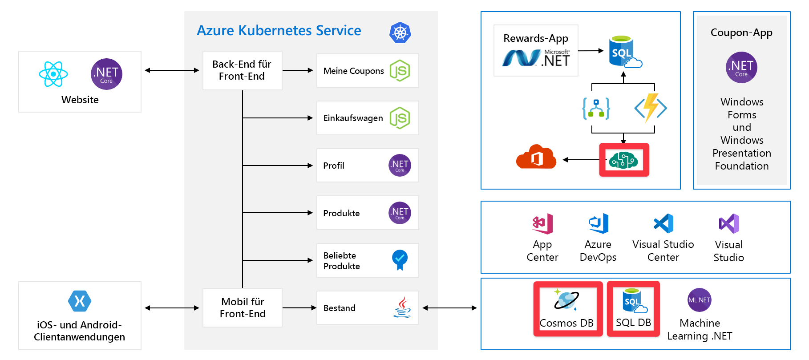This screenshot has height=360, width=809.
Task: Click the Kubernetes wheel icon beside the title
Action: [x=400, y=32]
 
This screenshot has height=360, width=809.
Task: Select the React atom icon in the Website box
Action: [x=53, y=74]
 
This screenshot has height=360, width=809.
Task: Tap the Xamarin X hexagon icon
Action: [x=80, y=301]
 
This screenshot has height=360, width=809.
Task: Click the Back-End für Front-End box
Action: [x=242, y=70]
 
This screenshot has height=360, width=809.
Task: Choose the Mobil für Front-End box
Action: [x=243, y=307]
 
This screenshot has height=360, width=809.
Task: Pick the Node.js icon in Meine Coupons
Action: [x=400, y=71]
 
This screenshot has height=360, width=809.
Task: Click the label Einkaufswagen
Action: [x=353, y=118]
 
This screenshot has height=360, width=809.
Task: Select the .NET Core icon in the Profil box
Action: [x=400, y=166]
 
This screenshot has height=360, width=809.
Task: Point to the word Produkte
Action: [x=341, y=213]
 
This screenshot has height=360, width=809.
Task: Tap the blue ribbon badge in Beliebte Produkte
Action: [x=400, y=259]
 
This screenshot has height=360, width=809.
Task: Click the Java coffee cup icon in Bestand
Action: [x=402, y=307]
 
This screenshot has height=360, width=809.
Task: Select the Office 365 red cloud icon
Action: [x=536, y=157]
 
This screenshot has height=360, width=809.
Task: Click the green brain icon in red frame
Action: [x=623, y=160]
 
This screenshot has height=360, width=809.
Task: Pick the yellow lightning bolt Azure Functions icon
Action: [x=651, y=108]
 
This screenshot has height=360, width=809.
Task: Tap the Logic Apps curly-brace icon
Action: [x=596, y=108]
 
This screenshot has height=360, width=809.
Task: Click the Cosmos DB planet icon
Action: [x=566, y=300]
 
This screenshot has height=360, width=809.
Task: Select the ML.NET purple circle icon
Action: [x=699, y=300]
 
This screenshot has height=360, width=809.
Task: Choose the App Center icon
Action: [x=542, y=223]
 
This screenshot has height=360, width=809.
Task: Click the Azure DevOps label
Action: [x=598, y=251]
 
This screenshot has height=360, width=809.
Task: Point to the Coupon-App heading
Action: [x=741, y=32]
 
